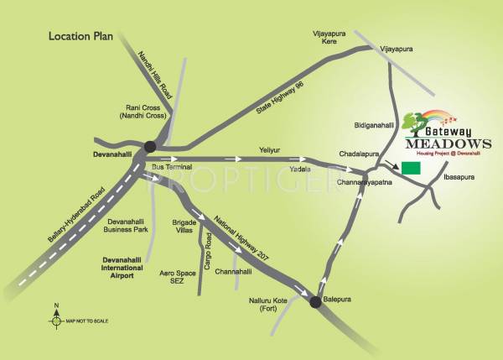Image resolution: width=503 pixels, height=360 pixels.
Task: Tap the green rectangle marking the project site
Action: (x=411, y=168)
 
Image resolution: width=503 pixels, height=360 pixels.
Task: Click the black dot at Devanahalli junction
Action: (x=150, y=147)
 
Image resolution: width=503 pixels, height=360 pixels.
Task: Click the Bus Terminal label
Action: (x=172, y=168)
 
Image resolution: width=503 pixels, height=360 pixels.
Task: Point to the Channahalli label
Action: (x=233, y=272)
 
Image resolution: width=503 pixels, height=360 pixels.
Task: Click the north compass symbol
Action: (x=56, y=320)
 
